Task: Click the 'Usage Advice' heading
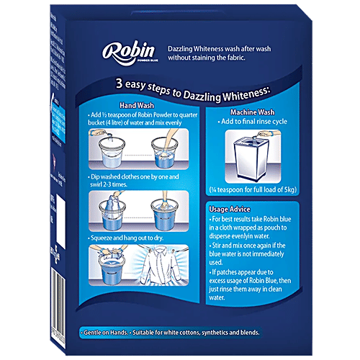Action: point(234,210)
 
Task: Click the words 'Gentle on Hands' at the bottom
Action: point(108,333)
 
